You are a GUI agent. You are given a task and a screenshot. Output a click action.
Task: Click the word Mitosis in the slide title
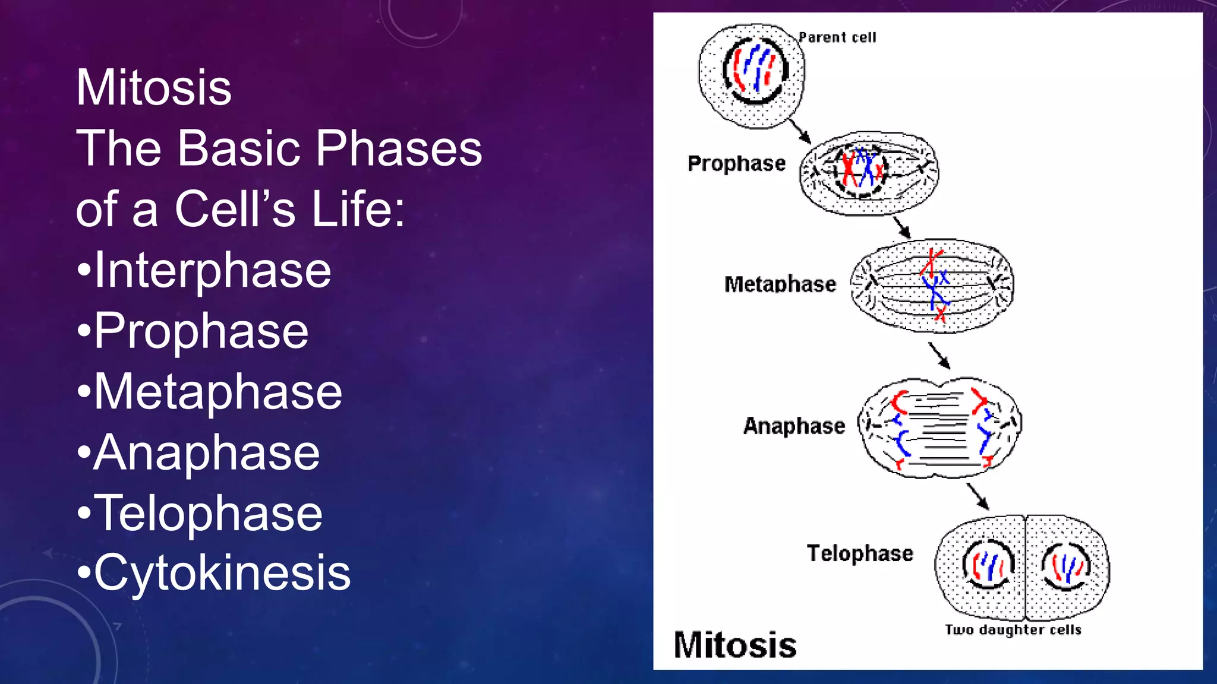coord(153,88)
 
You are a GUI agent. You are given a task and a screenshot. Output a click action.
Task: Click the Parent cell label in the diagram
coord(837,37)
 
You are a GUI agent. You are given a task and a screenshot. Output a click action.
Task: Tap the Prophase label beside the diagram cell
coord(736,163)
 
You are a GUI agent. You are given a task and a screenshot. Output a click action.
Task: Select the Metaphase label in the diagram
coord(780,284)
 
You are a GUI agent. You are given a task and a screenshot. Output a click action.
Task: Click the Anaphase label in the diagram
coord(794,426)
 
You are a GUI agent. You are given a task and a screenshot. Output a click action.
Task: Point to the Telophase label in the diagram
coord(859,553)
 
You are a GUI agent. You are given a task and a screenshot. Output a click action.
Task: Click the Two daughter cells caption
coord(1013,629)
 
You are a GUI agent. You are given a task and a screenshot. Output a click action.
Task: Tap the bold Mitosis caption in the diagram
coord(735,645)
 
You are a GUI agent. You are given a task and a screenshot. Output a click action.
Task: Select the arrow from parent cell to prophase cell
coord(800,131)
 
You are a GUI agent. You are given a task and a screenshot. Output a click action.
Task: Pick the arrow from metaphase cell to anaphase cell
coord(939,356)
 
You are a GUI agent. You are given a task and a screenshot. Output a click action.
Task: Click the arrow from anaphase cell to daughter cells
coord(978,496)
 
